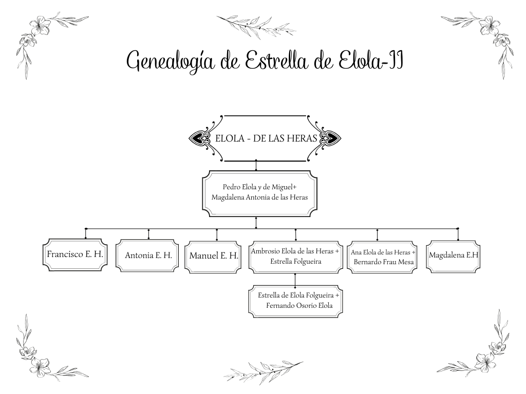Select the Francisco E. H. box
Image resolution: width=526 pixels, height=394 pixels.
click(x=75, y=254)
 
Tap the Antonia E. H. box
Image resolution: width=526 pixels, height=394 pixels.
click(x=148, y=255)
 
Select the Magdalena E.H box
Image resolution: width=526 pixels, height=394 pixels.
click(x=453, y=254)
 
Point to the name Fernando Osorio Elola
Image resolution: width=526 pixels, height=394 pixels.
click(x=299, y=306)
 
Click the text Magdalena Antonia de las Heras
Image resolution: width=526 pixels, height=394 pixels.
click(x=259, y=197)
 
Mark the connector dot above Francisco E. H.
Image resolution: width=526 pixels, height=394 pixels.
click(x=86, y=228)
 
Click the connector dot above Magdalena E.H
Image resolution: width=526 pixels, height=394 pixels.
click(x=458, y=228)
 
